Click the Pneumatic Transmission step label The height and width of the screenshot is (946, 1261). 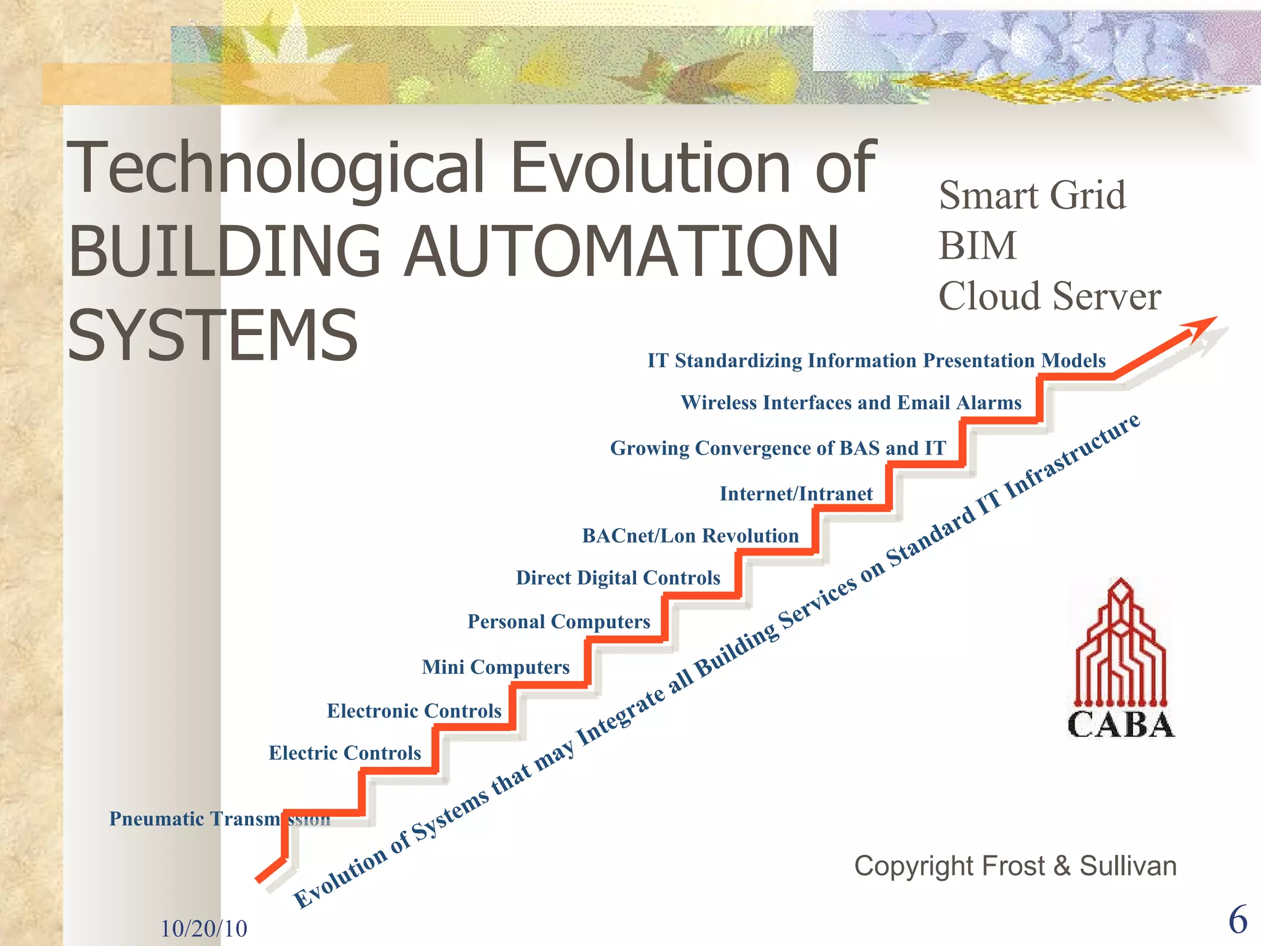coord(219,819)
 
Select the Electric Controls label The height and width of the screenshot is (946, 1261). coord(345,753)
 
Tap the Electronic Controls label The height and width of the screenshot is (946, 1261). coord(414,711)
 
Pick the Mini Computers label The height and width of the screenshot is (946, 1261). coord(496,667)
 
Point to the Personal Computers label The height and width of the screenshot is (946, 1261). coord(558,622)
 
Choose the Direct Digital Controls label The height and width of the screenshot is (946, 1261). coord(618,578)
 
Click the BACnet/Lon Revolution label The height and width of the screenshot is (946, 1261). coord(690,536)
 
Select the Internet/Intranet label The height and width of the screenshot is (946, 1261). coord(796,494)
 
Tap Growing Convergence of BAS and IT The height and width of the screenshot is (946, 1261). coord(778,448)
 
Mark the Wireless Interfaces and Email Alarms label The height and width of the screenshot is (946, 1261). coord(851,403)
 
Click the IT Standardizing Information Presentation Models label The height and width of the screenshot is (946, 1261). coord(876,361)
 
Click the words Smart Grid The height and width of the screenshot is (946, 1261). coord(1032,196)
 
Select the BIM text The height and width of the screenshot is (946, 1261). coord(977,246)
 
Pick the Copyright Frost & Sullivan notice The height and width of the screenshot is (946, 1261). coord(1015,866)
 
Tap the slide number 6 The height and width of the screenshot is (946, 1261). coord(1238,920)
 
